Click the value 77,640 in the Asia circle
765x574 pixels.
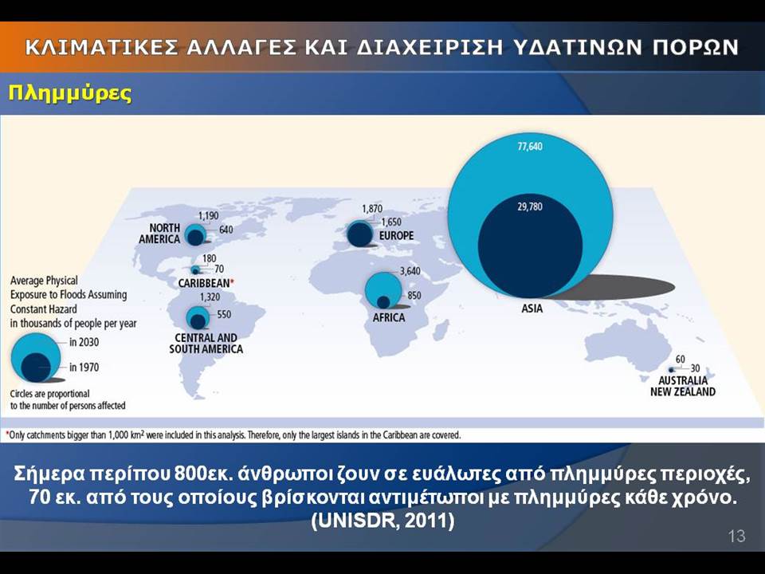tap(530, 147)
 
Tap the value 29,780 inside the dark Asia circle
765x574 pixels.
tap(530, 207)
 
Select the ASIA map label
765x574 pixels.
tap(532, 309)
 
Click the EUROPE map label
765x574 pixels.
tap(396, 236)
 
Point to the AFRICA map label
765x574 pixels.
tap(389, 318)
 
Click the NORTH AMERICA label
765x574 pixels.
tap(159, 234)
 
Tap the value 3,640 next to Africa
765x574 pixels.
tap(410, 271)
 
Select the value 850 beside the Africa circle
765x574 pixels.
tap(414, 296)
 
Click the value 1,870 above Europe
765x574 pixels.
tap(372, 209)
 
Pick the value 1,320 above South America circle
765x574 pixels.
tap(210, 297)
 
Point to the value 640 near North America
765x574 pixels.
tap(226, 230)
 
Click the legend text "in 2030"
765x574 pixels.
tap(84, 342)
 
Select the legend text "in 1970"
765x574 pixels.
tap(84, 367)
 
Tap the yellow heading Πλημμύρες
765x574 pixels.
tap(70, 92)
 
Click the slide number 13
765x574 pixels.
tap(736, 537)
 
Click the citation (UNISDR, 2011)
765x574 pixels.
tap(383, 521)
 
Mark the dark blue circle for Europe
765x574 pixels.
tap(360, 234)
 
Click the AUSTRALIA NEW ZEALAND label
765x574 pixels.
tap(683, 386)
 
